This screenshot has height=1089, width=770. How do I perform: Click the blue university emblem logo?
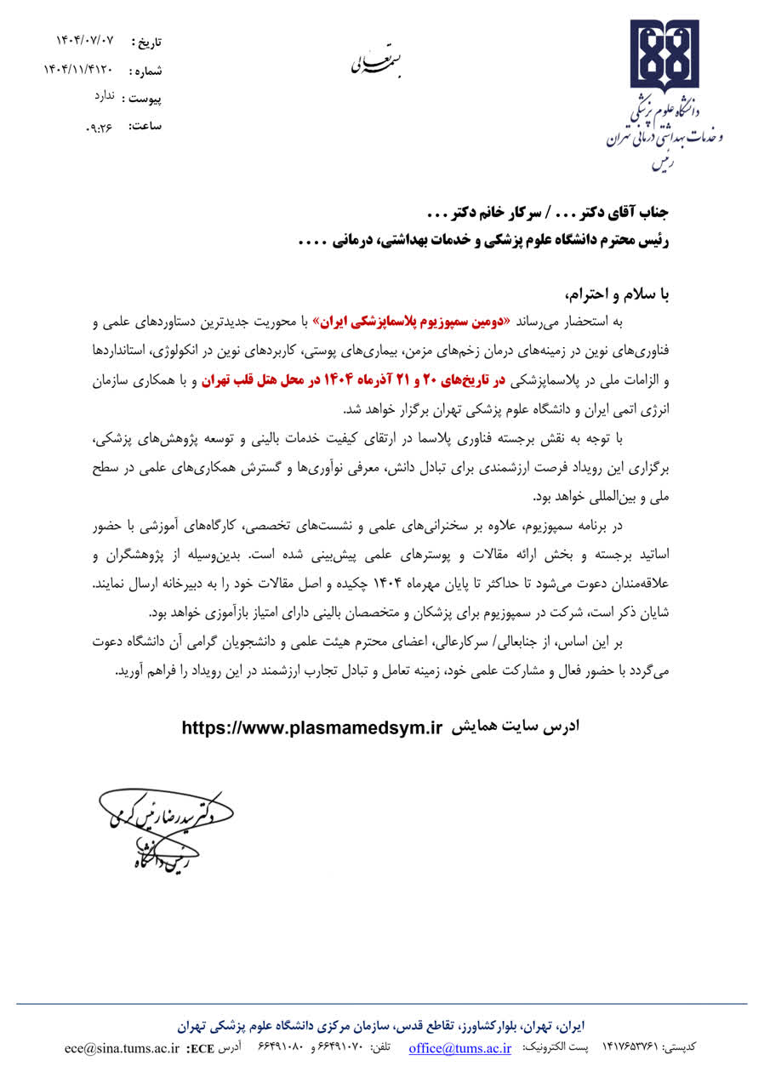click(664, 56)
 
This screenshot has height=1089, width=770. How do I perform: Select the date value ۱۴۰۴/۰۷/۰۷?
click(84, 41)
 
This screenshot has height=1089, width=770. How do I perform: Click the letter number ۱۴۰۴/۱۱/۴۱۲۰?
click(77, 69)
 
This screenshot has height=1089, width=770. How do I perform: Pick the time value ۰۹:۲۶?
click(100, 127)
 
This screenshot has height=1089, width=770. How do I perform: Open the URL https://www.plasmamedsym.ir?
click(313, 728)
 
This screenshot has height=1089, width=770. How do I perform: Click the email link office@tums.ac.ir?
click(459, 1048)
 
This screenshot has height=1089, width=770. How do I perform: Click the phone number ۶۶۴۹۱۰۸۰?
click(281, 1048)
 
